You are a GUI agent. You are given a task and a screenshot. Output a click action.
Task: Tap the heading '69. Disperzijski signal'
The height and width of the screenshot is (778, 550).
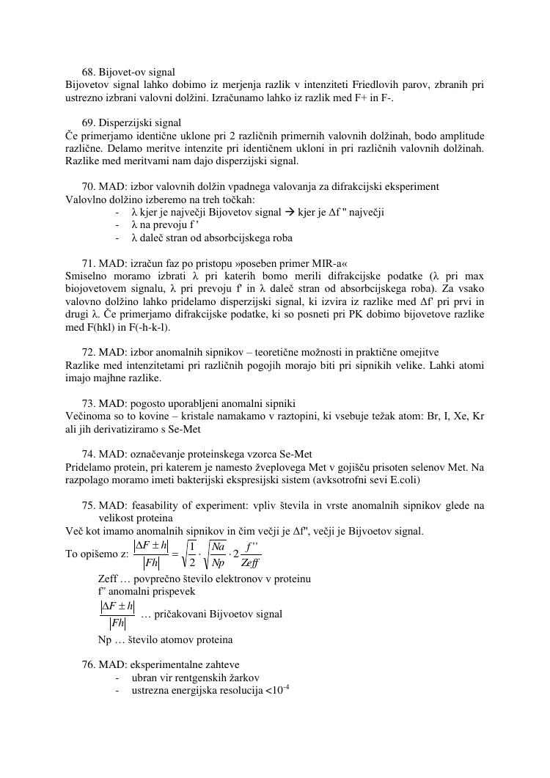pyautogui.click(x=131, y=122)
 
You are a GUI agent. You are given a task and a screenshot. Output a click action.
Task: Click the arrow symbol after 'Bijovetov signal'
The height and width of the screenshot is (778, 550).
pyautogui.click(x=290, y=213)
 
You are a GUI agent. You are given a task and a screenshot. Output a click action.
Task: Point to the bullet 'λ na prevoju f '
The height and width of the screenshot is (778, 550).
pyautogui.click(x=165, y=225)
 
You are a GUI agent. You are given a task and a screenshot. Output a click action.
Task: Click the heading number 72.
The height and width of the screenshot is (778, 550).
pyautogui.click(x=88, y=353)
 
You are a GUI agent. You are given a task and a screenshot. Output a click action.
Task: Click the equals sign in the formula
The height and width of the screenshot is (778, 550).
pyautogui.click(x=175, y=554)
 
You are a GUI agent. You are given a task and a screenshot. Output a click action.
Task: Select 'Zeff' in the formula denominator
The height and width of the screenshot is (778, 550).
pyautogui.click(x=251, y=562)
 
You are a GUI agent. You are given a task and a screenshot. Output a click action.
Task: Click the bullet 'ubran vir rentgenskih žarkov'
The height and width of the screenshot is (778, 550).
pyautogui.click(x=195, y=678)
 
